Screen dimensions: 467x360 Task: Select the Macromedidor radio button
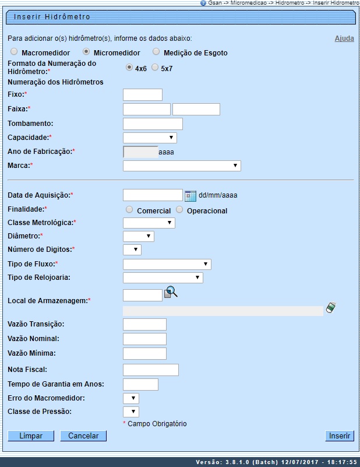click(14, 52)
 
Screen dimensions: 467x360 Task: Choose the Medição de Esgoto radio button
click(156, 52)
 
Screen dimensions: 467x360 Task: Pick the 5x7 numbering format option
click(155, 67)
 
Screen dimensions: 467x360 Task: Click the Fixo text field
click(143, 95)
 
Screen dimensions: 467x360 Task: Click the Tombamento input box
click(153, 124)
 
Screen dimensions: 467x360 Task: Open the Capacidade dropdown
click(150, 138)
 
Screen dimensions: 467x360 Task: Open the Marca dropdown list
click(182, 166)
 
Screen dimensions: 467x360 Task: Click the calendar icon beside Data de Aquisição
click(190, 195)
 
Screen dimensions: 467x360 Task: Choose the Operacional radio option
click(179, 210)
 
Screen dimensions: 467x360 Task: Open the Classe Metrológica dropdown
click(149, 223)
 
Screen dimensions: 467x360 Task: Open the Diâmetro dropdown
click(139, 236)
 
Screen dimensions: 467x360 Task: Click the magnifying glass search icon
click(171, 292)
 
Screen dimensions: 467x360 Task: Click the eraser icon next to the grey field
click(331, 307)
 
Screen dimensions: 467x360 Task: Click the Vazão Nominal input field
click(145, 339)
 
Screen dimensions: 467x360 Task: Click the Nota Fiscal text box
click(151, 370)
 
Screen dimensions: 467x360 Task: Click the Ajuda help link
click(344, 38)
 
